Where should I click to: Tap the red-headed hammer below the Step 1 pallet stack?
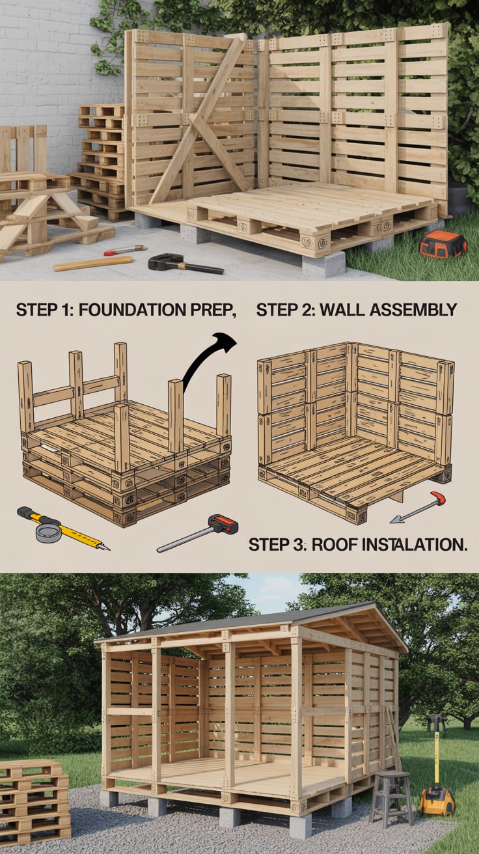(x=199, y=532)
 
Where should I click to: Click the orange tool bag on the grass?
(x=442, y=244)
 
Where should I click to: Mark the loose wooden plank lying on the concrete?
(x=93, y=263)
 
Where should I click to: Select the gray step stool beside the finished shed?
(x=390, y=797)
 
